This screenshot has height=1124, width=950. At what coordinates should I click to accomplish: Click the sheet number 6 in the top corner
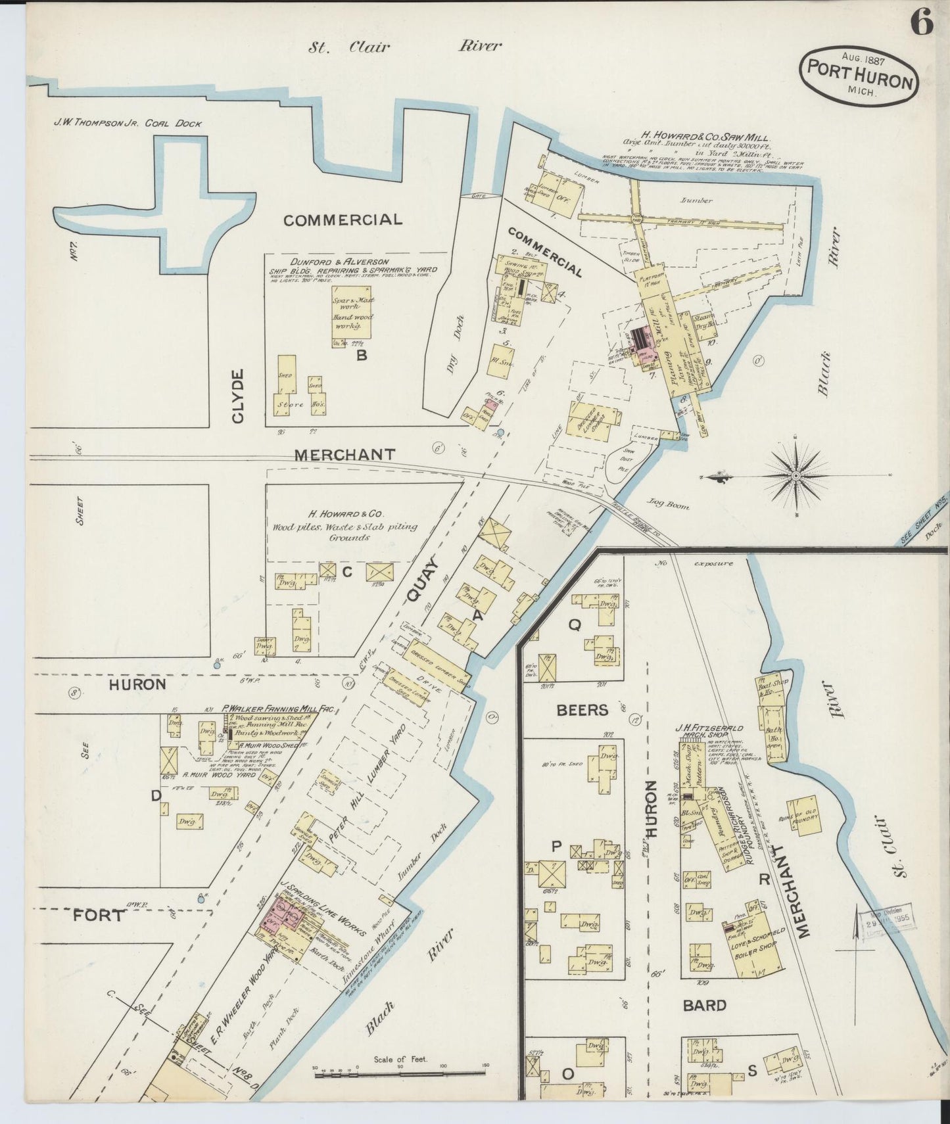(921, 24)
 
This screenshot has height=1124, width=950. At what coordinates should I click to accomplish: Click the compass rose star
(796, 475)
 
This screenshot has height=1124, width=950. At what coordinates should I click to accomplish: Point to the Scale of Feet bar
(400, 1073)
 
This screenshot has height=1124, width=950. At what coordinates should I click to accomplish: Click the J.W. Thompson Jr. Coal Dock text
(128, 123)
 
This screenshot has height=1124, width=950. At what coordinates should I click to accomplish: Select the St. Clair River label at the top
(406, 46)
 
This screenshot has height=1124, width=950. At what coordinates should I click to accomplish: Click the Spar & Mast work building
(353, 312)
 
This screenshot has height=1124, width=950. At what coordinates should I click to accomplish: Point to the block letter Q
(574, 626)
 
